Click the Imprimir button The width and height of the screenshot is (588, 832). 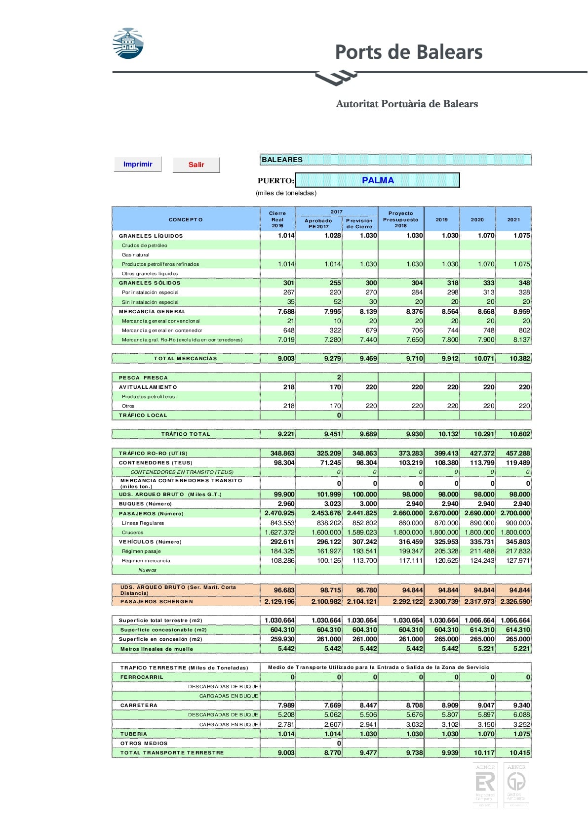point(138,165)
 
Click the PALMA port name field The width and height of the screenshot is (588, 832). point(378,180)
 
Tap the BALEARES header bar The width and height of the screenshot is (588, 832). point(395,160)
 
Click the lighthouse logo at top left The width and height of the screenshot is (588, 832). point(128,43)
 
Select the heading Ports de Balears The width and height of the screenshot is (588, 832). point(408,52)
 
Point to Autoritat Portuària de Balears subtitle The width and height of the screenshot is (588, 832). point(407,104)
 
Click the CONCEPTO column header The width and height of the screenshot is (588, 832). point(186,220)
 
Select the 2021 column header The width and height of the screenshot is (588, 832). point(513,220)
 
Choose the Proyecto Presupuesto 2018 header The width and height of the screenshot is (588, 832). point(400,219)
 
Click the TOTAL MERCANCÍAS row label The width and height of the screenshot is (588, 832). point(185,359)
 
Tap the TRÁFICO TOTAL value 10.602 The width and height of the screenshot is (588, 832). point(519,434)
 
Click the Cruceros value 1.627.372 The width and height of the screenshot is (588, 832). point(279,533)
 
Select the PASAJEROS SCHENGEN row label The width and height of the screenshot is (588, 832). point(157,602)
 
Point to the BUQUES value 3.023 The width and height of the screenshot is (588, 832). point(332,504)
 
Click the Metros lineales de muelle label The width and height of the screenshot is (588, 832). point(157,649)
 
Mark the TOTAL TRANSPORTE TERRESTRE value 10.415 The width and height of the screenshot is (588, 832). point(519,753)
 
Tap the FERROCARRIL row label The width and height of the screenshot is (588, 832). point(142,677)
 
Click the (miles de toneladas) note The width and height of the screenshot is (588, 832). point(286,193)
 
